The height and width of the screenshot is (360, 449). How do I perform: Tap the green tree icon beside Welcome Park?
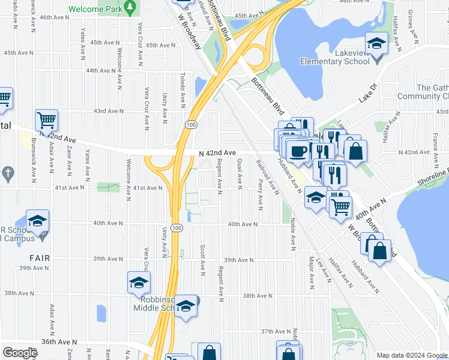point(130,7)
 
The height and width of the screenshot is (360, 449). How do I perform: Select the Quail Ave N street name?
point(240,171)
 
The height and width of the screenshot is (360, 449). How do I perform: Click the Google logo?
point(20,353)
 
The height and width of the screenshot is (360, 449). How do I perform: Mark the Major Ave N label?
point(311,271)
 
